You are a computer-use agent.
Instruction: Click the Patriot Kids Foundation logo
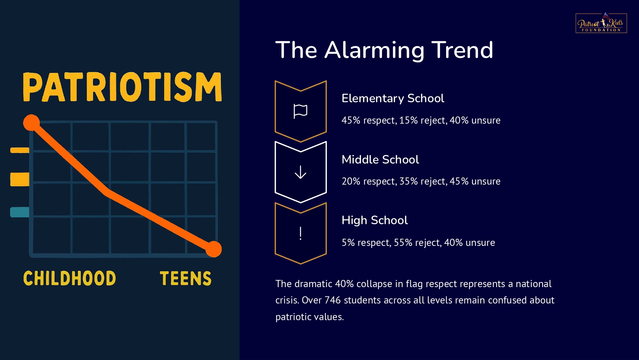click(x=601, y=23)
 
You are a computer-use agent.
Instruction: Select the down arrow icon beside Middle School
click(x=300, y=172)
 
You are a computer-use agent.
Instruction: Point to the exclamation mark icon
click(x=300, y=233)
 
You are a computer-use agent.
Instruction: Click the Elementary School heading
click(x=393, y=98)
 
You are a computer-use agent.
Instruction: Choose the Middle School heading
click(x=380, y=159)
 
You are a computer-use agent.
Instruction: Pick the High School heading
click(x=375, y=220)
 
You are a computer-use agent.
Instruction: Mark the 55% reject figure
click(x=418, y=243)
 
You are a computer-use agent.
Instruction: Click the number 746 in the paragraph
click(x=332, y=300)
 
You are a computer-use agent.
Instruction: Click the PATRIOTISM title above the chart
click(x=122, y=87)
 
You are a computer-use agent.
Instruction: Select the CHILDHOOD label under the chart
click(x=70, y=278)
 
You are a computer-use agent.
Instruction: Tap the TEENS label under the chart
click(x=186, y=278)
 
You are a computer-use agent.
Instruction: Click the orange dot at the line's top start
click(x=31, y=123)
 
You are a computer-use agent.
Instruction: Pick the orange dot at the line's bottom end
click(x=214, y=249)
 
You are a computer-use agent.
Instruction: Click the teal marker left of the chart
click(x=19, y=212)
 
